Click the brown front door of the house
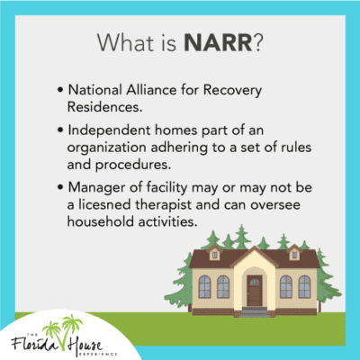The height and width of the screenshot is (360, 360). tap(255, 290)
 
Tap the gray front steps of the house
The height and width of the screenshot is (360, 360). tap(255, 311)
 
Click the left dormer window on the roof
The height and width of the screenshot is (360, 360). tap(216, 255)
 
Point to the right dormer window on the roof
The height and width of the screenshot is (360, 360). tap(292, 255)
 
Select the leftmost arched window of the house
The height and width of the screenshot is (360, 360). tap(205, 286)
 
